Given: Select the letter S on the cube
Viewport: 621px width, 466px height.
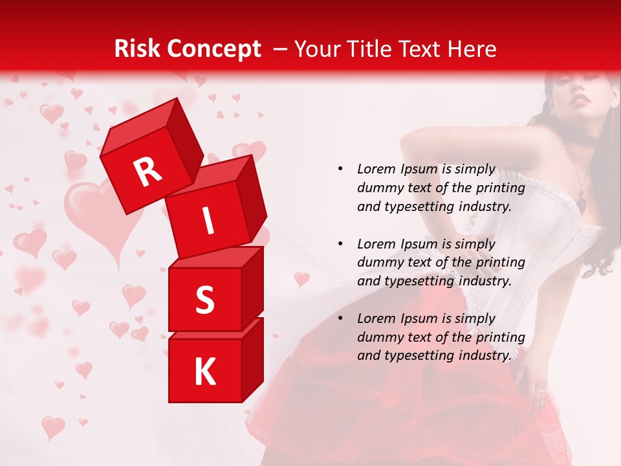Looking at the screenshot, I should click(x=204, y=300).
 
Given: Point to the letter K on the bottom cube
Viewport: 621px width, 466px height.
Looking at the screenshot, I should click(x=204, y=372).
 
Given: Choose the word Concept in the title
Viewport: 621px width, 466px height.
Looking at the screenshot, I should click(x=214, y=49).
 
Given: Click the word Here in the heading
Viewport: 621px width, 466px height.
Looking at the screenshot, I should click(x=472, y=49).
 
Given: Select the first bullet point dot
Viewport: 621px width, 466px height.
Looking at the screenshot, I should click(x=340, y=170).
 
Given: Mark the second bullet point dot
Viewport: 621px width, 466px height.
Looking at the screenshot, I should click(x=340, y=244).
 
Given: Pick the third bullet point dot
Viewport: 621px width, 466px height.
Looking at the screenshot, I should click(x=340, y=318).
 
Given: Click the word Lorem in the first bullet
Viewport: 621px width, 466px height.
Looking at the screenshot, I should click(x=376, y=170).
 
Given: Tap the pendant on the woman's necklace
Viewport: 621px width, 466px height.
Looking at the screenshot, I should click(x=582, y=205).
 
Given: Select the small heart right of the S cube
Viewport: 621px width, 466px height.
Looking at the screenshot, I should click(x=301, y=279).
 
